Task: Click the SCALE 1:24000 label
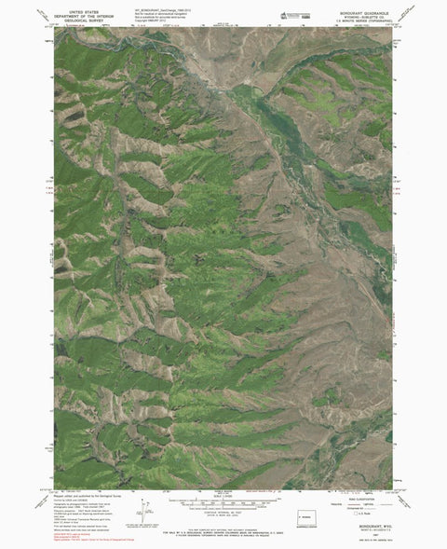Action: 223,492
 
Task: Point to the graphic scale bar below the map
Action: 223,498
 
